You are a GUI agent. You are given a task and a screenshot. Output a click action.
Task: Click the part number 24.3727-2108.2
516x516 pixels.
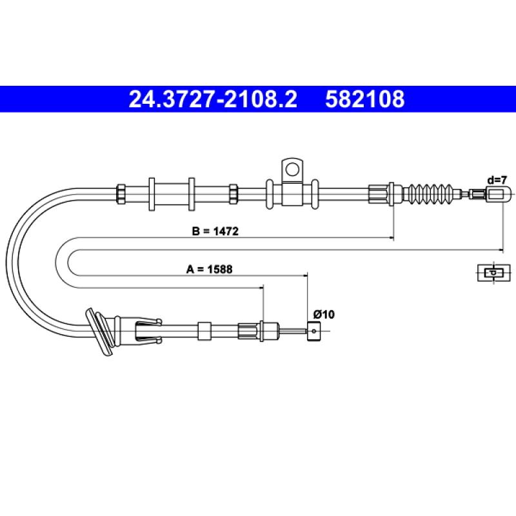(213, 99)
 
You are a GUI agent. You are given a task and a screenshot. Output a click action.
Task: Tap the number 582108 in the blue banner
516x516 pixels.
(364, 99)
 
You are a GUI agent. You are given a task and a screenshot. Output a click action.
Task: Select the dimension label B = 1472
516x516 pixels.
(215, 231)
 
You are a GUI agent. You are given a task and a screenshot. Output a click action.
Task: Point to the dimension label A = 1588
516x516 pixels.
(209, 269)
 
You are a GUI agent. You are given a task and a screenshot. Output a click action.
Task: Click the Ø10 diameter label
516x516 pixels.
(324, 314)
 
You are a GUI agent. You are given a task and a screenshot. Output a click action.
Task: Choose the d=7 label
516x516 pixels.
(497, 180)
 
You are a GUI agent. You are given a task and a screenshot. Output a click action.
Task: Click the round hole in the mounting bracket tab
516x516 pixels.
(292, 170)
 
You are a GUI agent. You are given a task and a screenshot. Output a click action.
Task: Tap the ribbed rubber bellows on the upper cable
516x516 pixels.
(431, 194)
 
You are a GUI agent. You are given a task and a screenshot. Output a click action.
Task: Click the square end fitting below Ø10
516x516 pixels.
(313, 331)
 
